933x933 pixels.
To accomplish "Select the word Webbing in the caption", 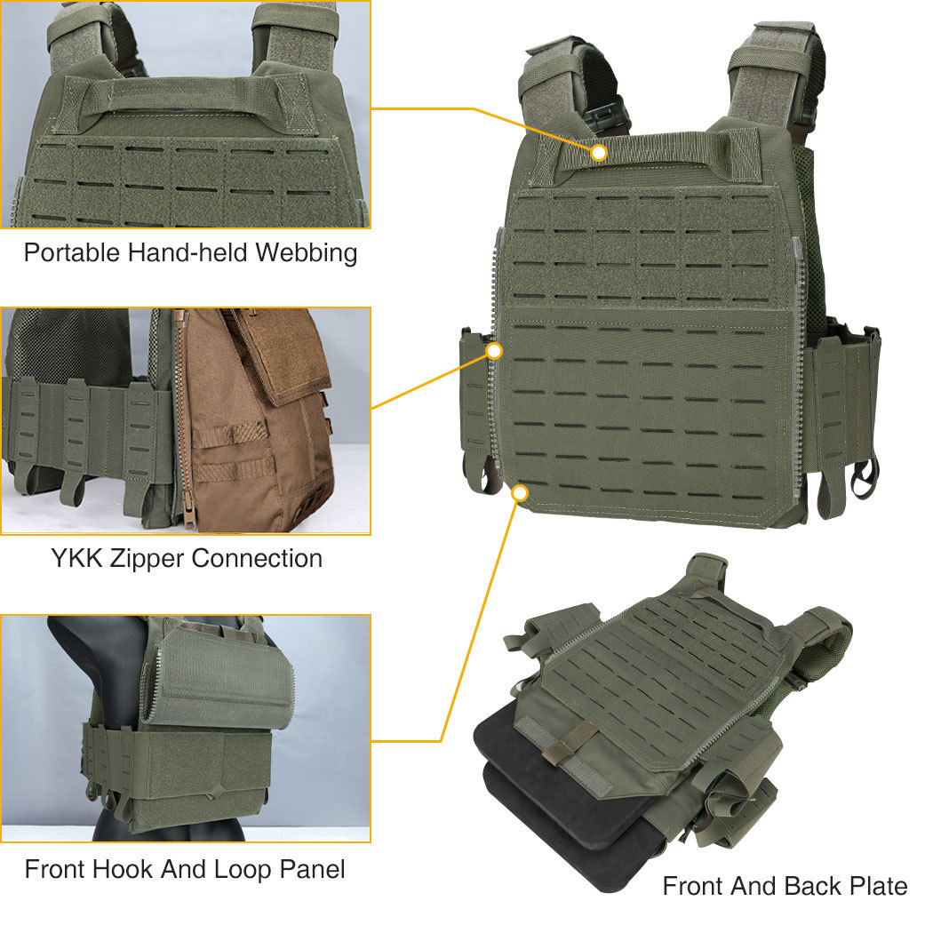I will (306, 252).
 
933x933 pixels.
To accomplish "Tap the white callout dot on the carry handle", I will (599, 153).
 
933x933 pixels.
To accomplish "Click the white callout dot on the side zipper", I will (494, 351).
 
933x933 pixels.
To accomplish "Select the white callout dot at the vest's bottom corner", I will (521, 491).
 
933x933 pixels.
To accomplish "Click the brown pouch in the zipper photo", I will (258, 427).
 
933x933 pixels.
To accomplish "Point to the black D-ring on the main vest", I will (863, 481).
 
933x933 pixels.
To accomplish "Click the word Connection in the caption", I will (257, 559).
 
